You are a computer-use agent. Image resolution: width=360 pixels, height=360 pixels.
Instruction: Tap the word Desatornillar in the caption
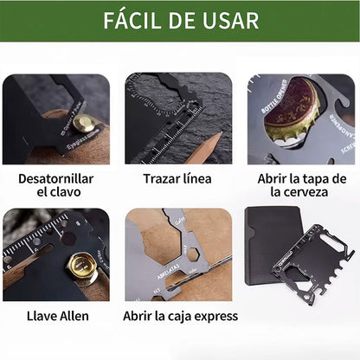point(56,178)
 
